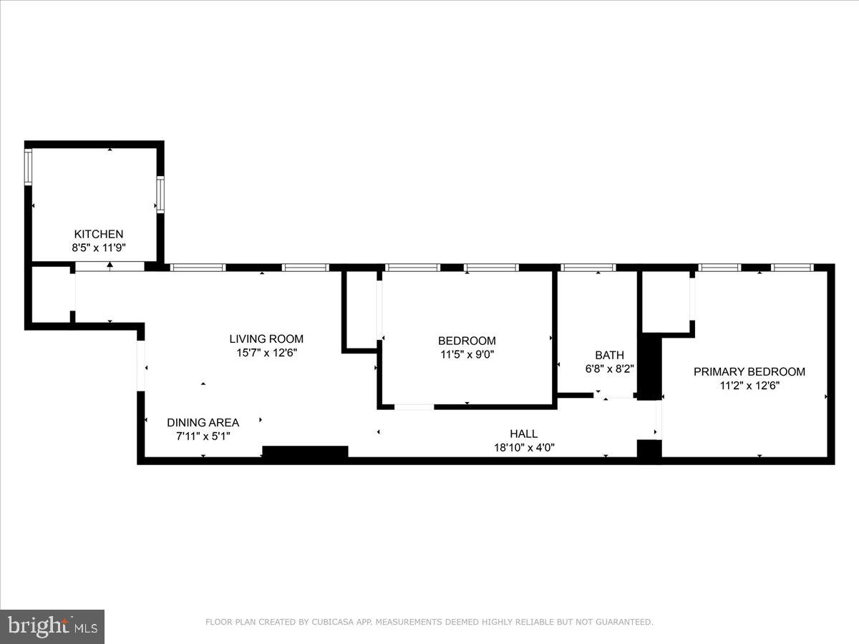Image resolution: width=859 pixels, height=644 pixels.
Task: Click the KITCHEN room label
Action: (99, 234)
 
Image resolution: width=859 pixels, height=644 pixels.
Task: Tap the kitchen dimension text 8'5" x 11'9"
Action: (99, 248)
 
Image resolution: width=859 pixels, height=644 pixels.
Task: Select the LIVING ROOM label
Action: (266, 338)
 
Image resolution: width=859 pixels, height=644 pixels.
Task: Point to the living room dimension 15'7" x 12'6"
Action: (266, 352)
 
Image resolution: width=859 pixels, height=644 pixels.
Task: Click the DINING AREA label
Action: (203, 422)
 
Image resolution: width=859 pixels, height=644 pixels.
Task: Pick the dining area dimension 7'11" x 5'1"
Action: (203, 436)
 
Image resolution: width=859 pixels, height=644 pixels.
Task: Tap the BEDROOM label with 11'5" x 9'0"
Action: (467, 341)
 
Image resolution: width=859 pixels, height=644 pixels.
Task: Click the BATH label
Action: (609, 355)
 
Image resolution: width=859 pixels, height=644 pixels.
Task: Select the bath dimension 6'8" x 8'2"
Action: (609, 369)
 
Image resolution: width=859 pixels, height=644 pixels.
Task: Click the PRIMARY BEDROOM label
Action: (749, 371)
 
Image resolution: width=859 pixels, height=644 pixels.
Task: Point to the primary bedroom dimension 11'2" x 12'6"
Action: (749, 385)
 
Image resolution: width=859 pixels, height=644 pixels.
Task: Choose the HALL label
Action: (523, 434)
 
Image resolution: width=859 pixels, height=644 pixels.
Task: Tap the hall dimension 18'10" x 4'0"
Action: (523, 448)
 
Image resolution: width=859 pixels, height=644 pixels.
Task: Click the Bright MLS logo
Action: (52, 626)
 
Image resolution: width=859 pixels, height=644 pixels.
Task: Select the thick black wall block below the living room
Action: (305, 452)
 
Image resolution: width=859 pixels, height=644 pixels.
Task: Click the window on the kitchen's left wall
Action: (29, 167)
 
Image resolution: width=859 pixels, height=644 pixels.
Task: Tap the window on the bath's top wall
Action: (588, 268)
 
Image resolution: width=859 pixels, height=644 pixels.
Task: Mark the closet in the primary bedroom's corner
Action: (666, 301)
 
